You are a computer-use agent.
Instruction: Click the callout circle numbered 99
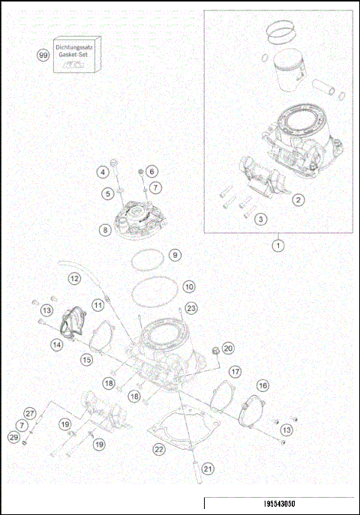[43, 55]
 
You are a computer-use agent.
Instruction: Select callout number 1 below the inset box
[278, 245]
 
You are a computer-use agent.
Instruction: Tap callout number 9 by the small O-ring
[174, 255]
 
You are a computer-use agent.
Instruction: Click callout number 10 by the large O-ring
[189, 286]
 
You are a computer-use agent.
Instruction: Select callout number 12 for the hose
[74, 278]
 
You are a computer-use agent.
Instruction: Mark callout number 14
[56, 345]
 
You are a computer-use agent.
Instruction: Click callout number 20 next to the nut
[229, 348]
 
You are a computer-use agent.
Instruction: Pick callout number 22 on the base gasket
[158, 450]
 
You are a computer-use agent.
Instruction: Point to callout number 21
[208, 469]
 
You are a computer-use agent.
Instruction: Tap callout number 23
[191, 307]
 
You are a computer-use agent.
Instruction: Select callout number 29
[13, 437]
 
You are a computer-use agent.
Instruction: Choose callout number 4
[102, 172]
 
